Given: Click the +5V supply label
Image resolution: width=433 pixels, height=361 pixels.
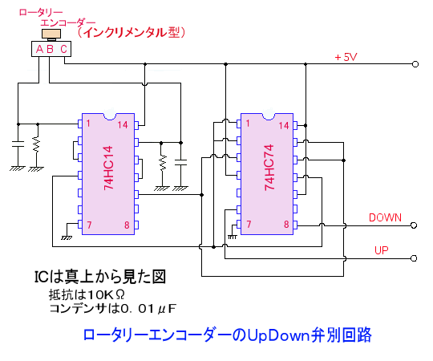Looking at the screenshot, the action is click(346, 57).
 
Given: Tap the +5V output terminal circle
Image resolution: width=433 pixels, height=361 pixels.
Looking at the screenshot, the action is click(415, 64).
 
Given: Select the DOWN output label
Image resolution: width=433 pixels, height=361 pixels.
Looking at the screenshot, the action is click(385, 217).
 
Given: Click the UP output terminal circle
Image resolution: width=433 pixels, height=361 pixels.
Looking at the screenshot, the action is click(414, 258).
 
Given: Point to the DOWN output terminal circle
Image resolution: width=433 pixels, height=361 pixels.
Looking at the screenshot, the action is click(414, 225).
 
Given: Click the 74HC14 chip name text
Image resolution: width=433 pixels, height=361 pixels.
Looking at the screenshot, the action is click(108, 168).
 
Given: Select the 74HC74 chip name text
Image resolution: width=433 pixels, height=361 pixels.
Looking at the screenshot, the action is click(269, 168).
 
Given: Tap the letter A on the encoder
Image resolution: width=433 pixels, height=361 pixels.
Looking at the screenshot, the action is click(40, 49).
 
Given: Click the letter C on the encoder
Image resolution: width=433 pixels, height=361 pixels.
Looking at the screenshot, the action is click(64, 49).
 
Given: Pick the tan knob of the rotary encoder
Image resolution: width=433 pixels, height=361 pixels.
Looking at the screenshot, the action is click(51, 34).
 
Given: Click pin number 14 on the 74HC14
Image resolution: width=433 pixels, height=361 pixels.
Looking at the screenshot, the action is click(123, 125).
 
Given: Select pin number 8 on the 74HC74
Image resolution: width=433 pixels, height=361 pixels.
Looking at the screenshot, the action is click(286, 225).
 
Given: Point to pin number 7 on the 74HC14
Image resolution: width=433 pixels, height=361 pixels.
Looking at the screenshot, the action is click(89, 225).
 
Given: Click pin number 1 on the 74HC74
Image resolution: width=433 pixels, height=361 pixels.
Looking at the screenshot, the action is click(248, 124).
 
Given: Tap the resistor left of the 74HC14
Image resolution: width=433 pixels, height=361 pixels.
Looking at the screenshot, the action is click(36, 144).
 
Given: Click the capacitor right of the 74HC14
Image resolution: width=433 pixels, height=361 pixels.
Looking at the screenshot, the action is click(181, 162).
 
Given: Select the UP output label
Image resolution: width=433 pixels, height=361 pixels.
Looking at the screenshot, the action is click(382, 250).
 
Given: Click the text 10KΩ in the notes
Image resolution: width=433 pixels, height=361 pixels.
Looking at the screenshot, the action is click(106, 295).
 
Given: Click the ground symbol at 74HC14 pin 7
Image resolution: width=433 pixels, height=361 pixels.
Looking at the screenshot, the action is click(67, 237).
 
